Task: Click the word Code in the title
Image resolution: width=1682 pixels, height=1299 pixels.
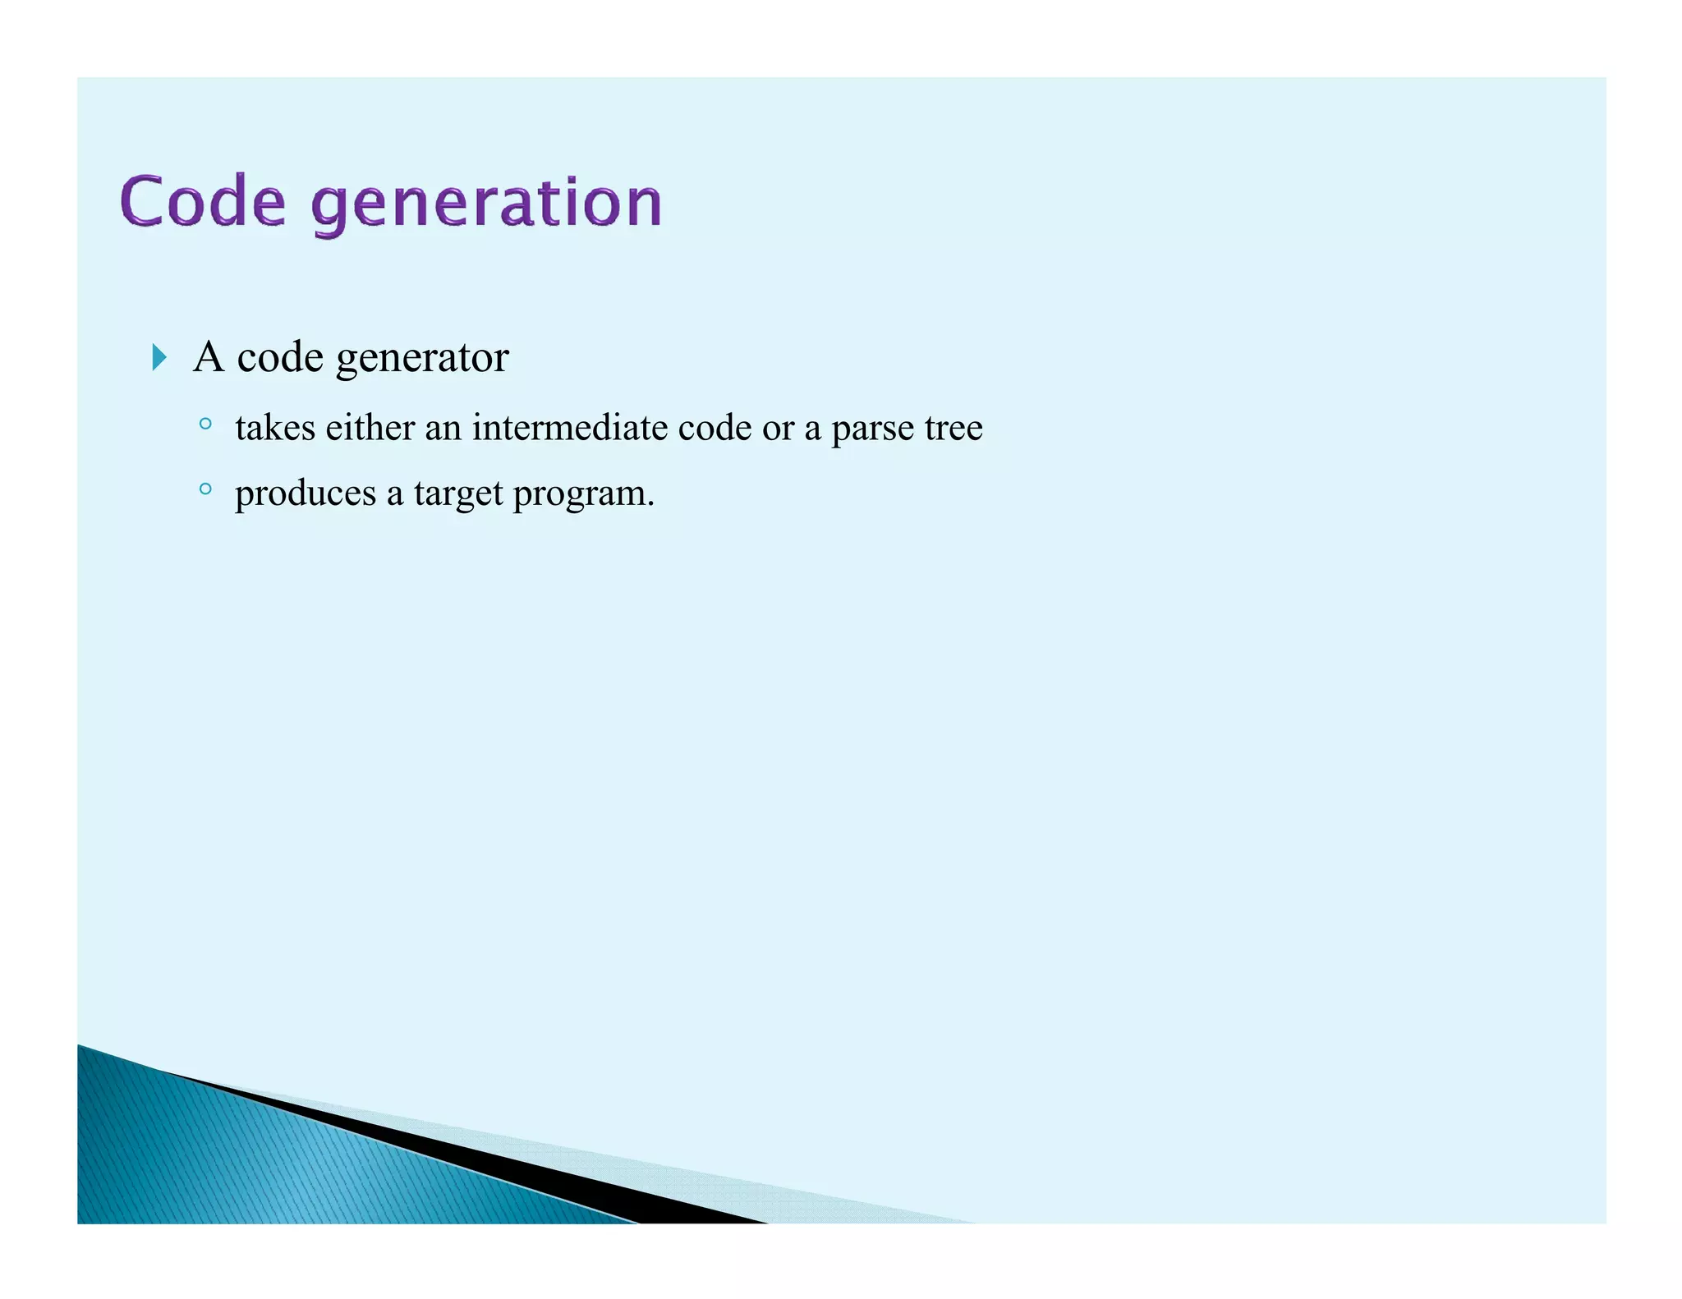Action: (203, 201)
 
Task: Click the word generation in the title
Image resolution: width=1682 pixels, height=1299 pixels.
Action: (487, 204)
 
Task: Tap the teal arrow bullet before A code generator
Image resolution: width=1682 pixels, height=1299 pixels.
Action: (159, 357)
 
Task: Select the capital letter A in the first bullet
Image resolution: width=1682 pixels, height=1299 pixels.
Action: (209, 356)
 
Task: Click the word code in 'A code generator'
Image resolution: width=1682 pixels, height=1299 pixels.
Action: (280, 357)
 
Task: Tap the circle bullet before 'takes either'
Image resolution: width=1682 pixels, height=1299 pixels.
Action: (205, 424)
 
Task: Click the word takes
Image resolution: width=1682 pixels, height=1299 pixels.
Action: (275, 428)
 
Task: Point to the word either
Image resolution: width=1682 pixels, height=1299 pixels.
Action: (370, 428)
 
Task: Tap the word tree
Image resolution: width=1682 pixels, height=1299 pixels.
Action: (954, 428)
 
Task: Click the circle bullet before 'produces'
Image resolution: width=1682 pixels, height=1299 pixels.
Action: (205, 489)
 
